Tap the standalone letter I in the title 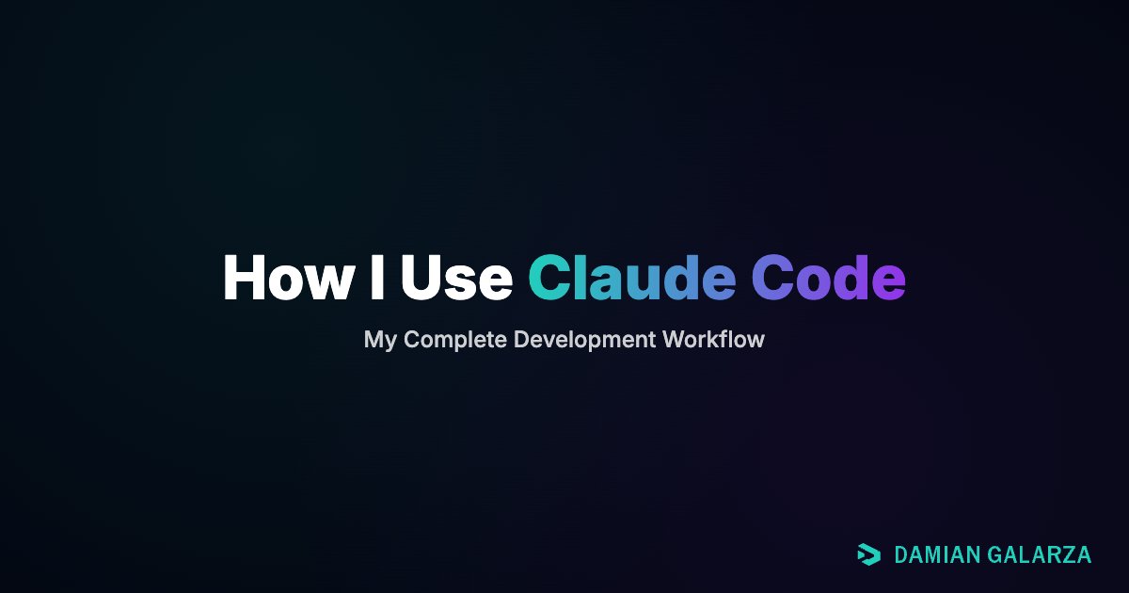coord(376,278)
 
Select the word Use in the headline coord(455,278)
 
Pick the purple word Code coord(828,278)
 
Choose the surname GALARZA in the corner coord(1041,555)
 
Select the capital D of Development coord(521,340)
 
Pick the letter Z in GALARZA coord(1067,555)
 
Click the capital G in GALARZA coord(996,555)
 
